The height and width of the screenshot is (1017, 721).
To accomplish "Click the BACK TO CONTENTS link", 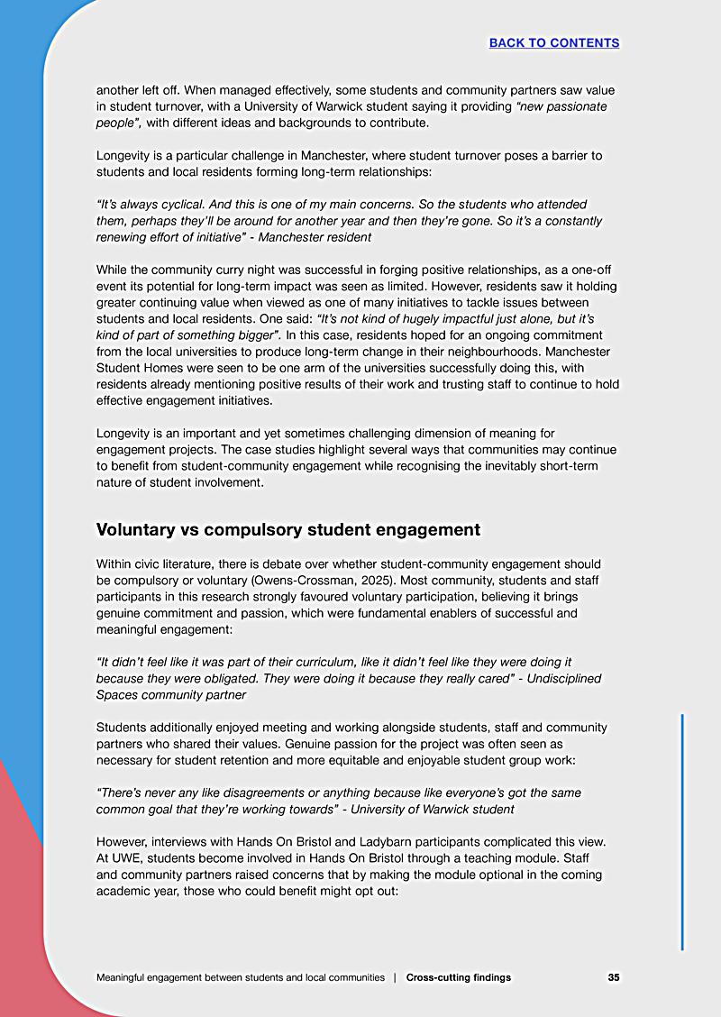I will (x=553, y=43).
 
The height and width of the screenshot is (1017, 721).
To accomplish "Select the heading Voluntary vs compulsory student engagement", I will (x=287, y=529).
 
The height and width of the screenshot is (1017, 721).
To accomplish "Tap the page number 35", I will (x=613, y=977).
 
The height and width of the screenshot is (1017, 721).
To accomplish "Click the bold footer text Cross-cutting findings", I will (x=459, y=977).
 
